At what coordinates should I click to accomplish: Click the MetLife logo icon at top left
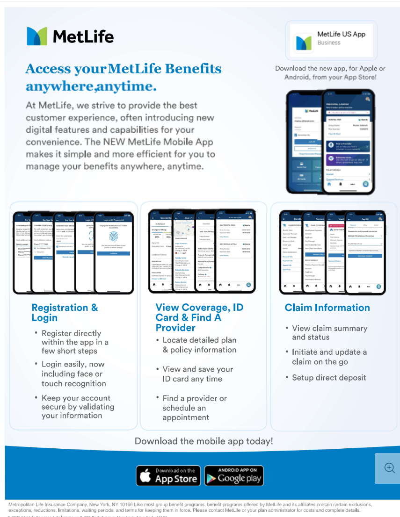(37, 36)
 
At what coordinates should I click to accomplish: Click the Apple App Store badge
(168, 475)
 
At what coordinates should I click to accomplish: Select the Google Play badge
(234, 475)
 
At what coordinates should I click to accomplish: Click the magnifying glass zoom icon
(389, 467)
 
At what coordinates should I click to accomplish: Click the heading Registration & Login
(65, 313)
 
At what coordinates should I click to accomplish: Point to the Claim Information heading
(327, 308)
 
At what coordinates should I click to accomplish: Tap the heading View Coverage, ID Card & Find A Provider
(199, 317)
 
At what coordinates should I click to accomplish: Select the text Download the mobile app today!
(204, 441)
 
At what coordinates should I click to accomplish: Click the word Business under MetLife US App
(329, 43)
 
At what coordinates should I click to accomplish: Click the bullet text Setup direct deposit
(329, 378)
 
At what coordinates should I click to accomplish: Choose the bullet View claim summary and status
(329, 332)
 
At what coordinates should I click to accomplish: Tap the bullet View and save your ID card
(197, 374)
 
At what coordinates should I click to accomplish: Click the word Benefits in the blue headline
(191, 69)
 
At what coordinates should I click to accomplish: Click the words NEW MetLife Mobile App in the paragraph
(168, 142)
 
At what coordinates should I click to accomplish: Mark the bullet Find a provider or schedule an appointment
(194, 408)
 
